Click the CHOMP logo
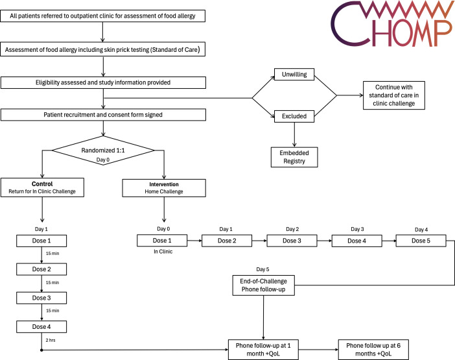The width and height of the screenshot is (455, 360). (x=391, y=23)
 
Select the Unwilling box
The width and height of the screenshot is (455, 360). (x=294, y=75)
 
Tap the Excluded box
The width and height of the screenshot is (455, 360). (x=294, y=116)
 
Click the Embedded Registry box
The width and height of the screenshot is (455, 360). (x=294, y=157)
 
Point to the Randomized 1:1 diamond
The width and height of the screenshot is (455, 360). (x=103, y=150)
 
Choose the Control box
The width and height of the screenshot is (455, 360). (x=42, y=187)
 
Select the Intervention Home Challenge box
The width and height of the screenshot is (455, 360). (x=164, y=188)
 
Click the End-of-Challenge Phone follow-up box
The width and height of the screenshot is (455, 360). (x=264, y=285)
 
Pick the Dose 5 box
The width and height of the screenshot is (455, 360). (x=421, y=241)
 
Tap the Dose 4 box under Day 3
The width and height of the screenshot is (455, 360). (x=356, y=241)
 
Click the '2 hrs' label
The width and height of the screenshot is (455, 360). (x=51, y=340)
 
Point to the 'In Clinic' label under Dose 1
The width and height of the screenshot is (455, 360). (x=163, y=252)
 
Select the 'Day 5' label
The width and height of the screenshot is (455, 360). (x=262, y=269)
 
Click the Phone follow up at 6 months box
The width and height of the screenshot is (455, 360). (x=373, y=350)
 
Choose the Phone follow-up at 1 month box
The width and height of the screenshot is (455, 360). (x=263, y=350)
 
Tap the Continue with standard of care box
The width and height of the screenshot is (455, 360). (x=394, y=95)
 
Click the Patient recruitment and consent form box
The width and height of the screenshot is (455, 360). (x=103, y=115)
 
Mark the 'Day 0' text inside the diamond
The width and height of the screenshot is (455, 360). (x=102, y=160)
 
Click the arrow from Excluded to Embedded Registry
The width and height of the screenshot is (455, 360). (x=294, y=135)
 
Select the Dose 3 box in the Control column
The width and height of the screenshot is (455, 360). (x=41, y=298)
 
